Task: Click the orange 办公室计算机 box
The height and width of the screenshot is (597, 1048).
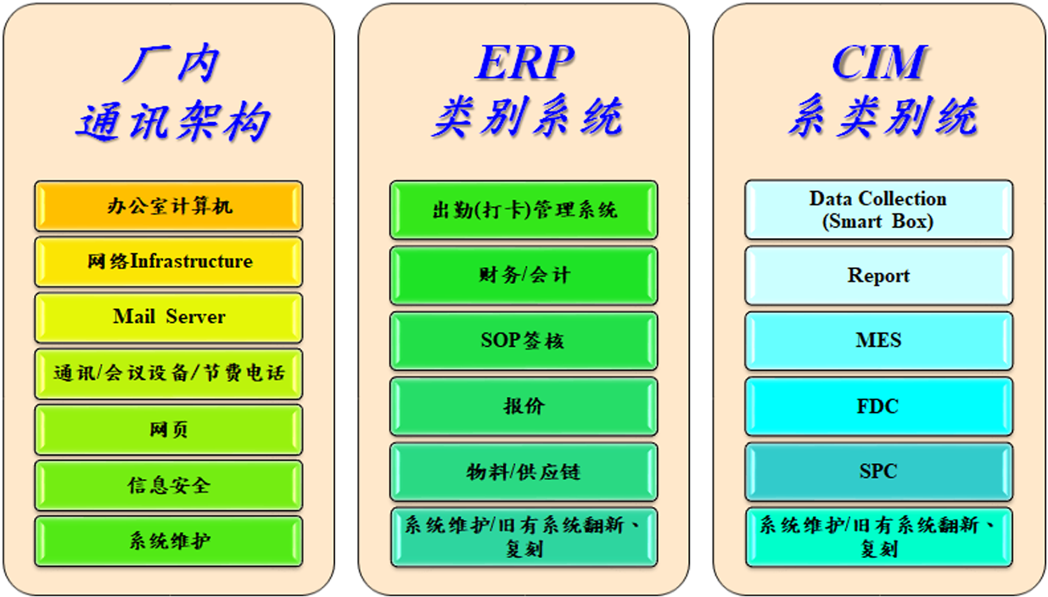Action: tap(168, 206)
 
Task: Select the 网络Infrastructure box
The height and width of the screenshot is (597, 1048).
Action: tap(168, 262)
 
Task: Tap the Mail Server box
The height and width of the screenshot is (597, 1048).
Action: tap(168, 317)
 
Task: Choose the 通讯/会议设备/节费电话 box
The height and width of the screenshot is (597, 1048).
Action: tap(168, 373)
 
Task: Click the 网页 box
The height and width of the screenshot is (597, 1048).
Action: tap(168, 430)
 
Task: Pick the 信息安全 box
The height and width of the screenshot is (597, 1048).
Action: tap(168, 485)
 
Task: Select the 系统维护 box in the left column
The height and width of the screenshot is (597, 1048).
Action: tap(168, 541)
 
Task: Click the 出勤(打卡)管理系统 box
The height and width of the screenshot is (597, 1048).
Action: tap(524, 210)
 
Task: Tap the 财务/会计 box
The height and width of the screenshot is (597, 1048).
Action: tap(524, 276)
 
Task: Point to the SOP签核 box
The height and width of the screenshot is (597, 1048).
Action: tap(524, 341)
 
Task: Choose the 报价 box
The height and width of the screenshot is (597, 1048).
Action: tap(524, 406)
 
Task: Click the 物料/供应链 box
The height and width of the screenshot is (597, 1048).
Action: tap(524, 471)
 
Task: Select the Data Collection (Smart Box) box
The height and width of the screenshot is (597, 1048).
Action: tap(878, 209)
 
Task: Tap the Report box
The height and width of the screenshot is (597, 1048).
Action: tap(878, 276)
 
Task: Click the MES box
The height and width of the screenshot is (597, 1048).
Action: tap(878, 341)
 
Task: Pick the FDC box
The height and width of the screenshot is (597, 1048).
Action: tap(878, 406)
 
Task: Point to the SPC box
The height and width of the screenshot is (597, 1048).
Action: tap(878, 471)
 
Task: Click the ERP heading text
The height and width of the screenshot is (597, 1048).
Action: tap(524, 63)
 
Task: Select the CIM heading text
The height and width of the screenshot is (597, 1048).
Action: tap(880, 63)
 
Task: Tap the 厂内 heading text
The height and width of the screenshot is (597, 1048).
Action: tap(171, 64)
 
